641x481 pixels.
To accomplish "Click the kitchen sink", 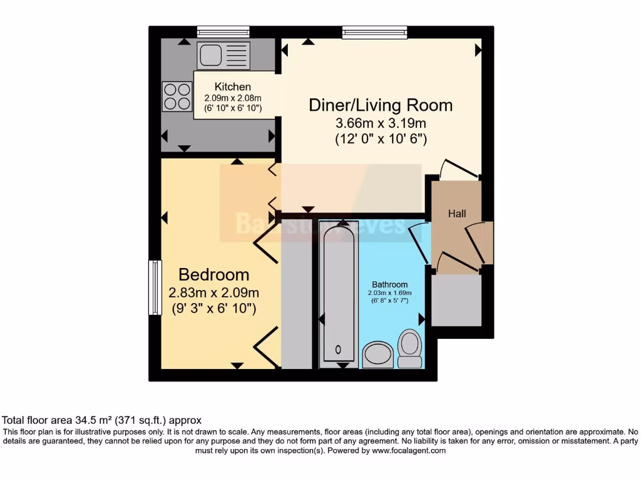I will tap(223, 55).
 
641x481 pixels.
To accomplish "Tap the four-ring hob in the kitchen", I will tap(177, 96).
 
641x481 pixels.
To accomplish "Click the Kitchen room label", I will tap(232, 87).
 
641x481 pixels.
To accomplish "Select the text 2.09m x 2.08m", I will tap(232, 98).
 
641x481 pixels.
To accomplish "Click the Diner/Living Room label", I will tap(381, 105).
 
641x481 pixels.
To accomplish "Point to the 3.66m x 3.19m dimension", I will tap(381, 123).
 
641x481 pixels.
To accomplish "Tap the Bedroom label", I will tap(213, 274).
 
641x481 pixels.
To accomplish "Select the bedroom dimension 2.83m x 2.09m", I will tap(213, 292).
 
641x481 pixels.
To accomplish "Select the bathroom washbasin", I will tap(377, 354).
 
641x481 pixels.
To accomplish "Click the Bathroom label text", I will tap(390, 284).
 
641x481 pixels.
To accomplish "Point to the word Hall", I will tap(457, 214).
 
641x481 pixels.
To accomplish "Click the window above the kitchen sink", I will tap(223, 31).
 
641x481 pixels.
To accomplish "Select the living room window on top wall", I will tap(374, 31).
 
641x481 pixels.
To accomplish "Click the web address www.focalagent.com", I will tap(409, 450).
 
